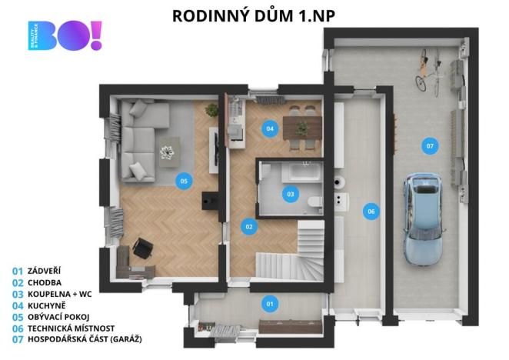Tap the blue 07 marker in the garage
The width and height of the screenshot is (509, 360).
coord(429,145)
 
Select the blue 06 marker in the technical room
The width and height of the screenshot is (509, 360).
coord(371,210)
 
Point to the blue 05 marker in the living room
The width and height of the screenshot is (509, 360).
coord(183,181)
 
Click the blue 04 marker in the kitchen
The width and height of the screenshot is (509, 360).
coord(270,128)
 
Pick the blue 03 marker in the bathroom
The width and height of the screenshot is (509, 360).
coord(291,194)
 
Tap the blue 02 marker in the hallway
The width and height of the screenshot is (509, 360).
coord(248,227)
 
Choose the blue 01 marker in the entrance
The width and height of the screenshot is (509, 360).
coord(270,304)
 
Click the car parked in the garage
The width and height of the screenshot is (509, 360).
coord(423,218)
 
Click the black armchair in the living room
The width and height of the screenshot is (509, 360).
coord(142,247)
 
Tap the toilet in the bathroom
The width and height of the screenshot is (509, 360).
coord(314,202)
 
